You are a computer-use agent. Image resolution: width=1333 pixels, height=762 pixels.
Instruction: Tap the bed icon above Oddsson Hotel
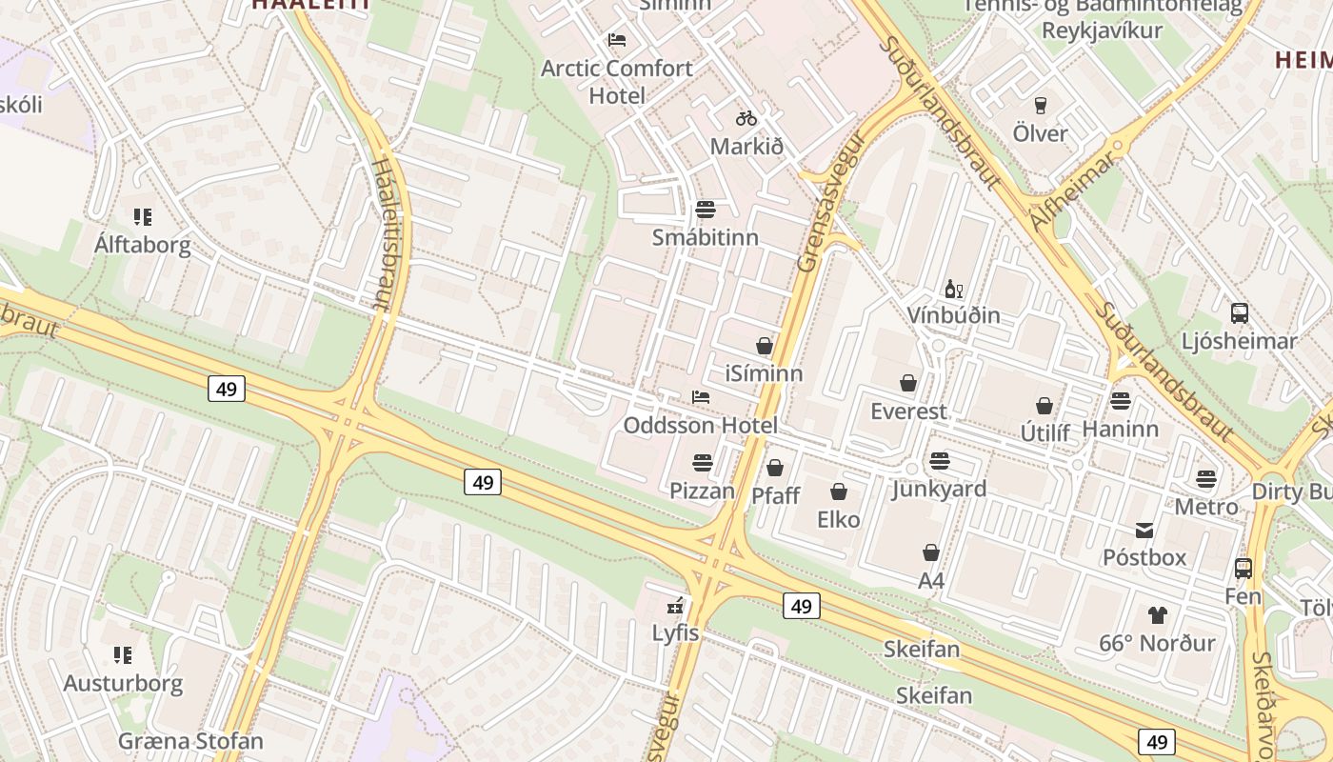[x=701, y=397]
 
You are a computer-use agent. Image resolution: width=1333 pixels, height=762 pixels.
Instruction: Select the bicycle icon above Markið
[x=746, y=118]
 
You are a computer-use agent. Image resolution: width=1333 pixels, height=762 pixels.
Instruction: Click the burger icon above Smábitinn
[x=706, y=209]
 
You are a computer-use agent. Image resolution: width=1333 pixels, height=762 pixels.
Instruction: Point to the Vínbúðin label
[x=953, y=315]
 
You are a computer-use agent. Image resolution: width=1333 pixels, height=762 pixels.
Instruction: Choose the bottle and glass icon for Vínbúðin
[x=953, y=289]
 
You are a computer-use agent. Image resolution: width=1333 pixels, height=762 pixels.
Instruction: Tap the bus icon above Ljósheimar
[x=1239, y=312]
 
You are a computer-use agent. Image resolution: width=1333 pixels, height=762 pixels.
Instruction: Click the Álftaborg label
[x=143, y=245]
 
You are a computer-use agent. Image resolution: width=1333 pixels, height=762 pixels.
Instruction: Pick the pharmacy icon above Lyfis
[x=676, y=605]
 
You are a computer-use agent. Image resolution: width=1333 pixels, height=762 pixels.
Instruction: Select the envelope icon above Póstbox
[x=1144, y=530]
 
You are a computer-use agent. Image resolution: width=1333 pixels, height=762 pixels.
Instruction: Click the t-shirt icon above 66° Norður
[x=1157, y=615]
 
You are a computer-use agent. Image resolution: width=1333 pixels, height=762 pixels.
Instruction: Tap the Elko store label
[x=839, y=519]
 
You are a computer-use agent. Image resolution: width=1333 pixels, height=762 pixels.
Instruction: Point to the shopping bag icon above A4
[x=931, y=552]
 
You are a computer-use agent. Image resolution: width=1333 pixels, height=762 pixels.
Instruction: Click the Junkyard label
[x=939, y=489]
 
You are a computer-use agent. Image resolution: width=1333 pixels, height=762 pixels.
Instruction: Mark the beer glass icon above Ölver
[x=1040, y=105]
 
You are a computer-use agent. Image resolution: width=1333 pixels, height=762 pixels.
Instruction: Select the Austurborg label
[x=123, y=683]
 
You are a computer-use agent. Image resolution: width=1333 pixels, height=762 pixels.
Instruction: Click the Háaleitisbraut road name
[x=384, y=233]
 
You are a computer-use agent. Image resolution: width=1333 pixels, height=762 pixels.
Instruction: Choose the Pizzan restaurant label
[x=703, y=491]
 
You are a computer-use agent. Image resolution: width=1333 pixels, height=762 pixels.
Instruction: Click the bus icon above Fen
[x=1243, y=569]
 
